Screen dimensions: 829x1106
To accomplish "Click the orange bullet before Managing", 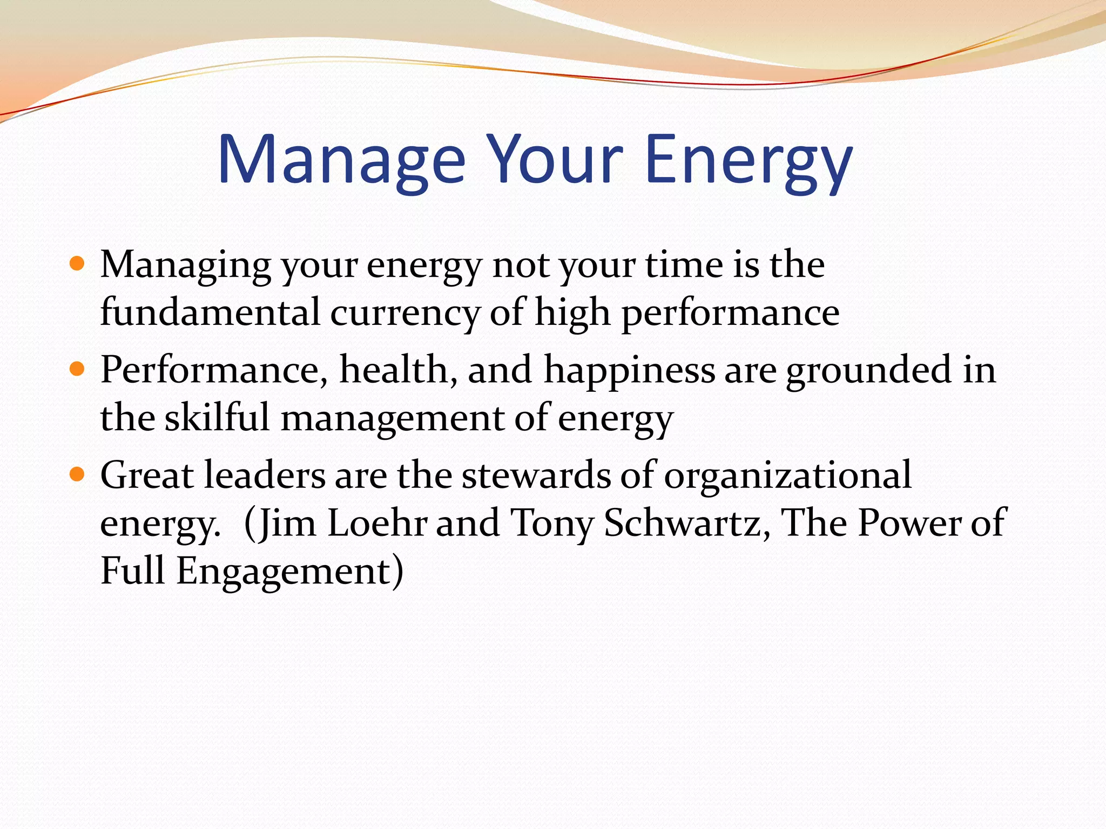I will click(78, 264).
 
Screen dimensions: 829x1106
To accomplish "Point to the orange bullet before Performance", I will click(78, 369).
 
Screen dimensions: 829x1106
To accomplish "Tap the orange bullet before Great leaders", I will click(78, 474).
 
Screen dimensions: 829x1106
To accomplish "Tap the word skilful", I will click(217, 417).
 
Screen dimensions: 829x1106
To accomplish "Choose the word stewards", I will click(536, 475).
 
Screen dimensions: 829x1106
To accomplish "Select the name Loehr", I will click(377, 523).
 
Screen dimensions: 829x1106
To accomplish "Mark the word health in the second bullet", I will click(399, 370).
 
